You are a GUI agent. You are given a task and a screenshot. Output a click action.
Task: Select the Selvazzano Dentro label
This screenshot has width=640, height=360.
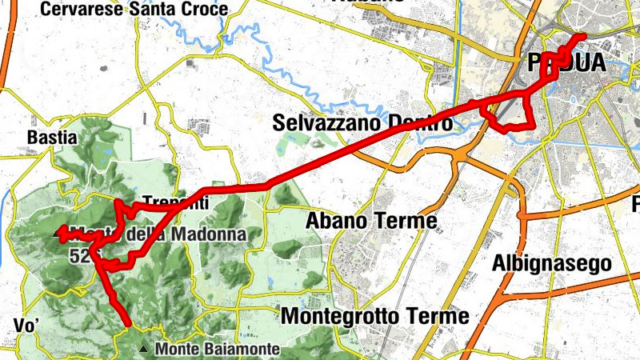pos(362,123)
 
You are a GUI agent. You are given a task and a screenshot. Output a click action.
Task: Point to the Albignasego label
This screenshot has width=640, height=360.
pos(552,262)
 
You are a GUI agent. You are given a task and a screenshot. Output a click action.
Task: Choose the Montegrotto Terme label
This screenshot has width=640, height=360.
pos(374,316)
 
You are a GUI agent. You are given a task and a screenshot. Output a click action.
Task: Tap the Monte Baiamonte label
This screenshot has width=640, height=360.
pos(218,349)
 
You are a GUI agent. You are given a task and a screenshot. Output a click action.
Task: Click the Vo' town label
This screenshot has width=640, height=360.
pos(27,325)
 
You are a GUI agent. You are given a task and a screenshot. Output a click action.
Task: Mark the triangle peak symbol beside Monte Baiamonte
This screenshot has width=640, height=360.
pos(143,349)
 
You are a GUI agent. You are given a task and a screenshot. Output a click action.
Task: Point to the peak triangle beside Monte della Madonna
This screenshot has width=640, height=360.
pos(56,234)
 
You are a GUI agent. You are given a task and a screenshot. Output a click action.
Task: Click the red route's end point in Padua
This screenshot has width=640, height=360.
pos(582,37)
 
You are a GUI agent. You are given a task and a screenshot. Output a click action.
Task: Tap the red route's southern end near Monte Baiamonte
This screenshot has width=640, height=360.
pos(128,324)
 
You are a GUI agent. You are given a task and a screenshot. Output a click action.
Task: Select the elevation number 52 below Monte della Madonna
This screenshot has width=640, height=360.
pos(78,256)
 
